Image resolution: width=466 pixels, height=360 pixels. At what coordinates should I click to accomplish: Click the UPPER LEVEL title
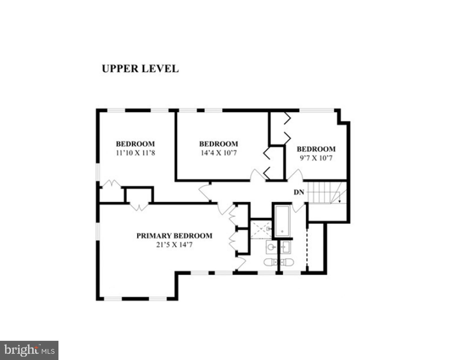click(x=140, y=69)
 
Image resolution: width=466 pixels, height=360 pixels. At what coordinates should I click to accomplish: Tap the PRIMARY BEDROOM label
click(x=174, y=236)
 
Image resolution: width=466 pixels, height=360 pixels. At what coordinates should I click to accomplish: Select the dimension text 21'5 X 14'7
click(x=174, y=245)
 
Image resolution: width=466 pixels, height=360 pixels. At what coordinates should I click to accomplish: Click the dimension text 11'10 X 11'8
click(x=135, y=153)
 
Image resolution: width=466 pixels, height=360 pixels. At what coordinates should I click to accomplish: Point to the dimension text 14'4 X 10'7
click(x=219, y=153)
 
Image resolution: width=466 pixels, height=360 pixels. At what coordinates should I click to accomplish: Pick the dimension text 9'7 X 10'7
click(x=316, y=158)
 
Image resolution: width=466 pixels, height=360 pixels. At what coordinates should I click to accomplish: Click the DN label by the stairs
click(x=299, y=192)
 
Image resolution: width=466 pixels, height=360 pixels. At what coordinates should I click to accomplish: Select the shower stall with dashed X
click(x=261, y=229)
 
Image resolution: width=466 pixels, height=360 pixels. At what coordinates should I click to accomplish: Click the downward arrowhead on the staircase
click(x=340, y=201)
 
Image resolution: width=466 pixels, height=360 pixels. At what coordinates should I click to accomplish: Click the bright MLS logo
click(x=29, y=350)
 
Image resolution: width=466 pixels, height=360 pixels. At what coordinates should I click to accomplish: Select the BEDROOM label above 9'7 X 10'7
click(x=316, y=149)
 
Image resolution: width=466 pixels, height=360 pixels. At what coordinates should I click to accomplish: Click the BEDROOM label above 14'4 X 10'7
click(x=219, y=144)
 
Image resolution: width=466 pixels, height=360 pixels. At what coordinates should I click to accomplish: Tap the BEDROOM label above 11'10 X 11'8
click(x=135, y=144)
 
